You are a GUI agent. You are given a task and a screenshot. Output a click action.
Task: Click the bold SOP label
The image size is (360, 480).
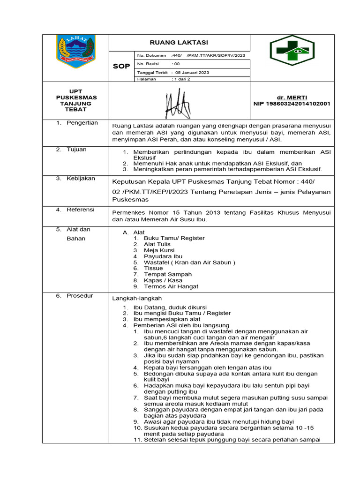click(x=121, y=67)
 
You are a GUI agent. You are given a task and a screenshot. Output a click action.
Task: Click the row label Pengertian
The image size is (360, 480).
click(x=82, y=123)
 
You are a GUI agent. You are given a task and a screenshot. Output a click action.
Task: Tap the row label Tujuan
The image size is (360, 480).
click(x=77, y=150)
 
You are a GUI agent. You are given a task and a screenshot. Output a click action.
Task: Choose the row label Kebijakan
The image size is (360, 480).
click(x=81, y=179)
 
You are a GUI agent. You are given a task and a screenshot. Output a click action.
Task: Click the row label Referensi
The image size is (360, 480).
click(x=81, y=210)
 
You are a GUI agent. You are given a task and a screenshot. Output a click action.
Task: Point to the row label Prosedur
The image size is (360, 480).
click(x=80, y=296)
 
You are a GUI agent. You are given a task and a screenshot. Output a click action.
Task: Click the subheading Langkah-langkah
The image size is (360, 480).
click(x=137, y=298)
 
